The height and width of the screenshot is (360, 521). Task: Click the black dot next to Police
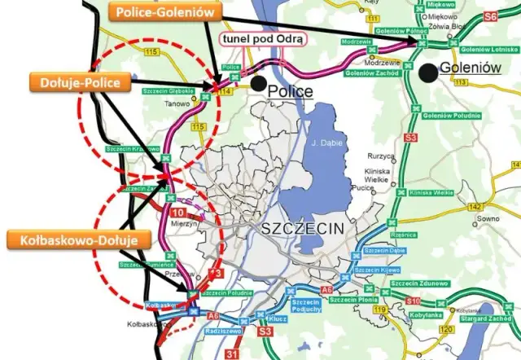[x=257, y=81]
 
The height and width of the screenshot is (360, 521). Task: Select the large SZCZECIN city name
[x=304, y=230]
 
